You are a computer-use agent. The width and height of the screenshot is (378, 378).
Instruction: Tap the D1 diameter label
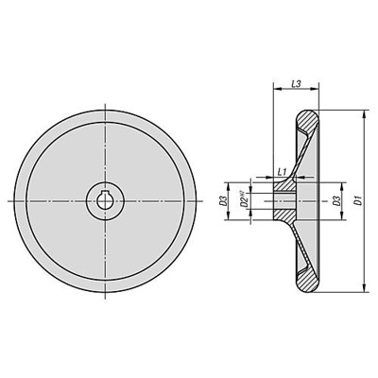(x=356, y=201)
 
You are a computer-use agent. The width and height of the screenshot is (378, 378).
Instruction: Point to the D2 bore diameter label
(x=243, y=202)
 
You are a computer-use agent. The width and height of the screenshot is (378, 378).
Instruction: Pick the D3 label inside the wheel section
(x=336, y=201)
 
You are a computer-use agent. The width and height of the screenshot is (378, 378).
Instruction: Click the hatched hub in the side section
(x=283, y=201)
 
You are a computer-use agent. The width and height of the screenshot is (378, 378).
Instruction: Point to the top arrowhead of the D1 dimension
(x=364, y=114)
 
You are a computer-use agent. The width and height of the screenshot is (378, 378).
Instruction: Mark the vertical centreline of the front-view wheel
(x=107, y=142)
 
